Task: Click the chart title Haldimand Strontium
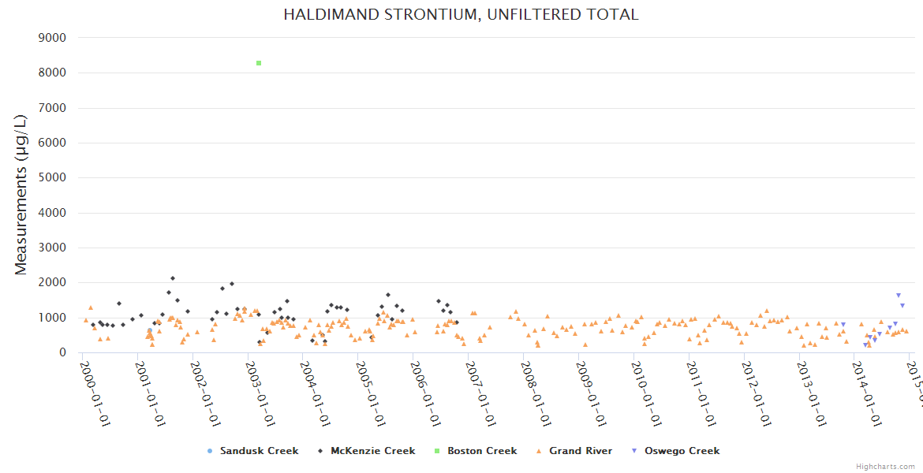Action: (461, 14)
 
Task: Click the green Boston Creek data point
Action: (259, 63)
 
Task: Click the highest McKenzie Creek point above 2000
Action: (173, 278)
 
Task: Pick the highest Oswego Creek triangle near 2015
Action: (898, 296)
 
